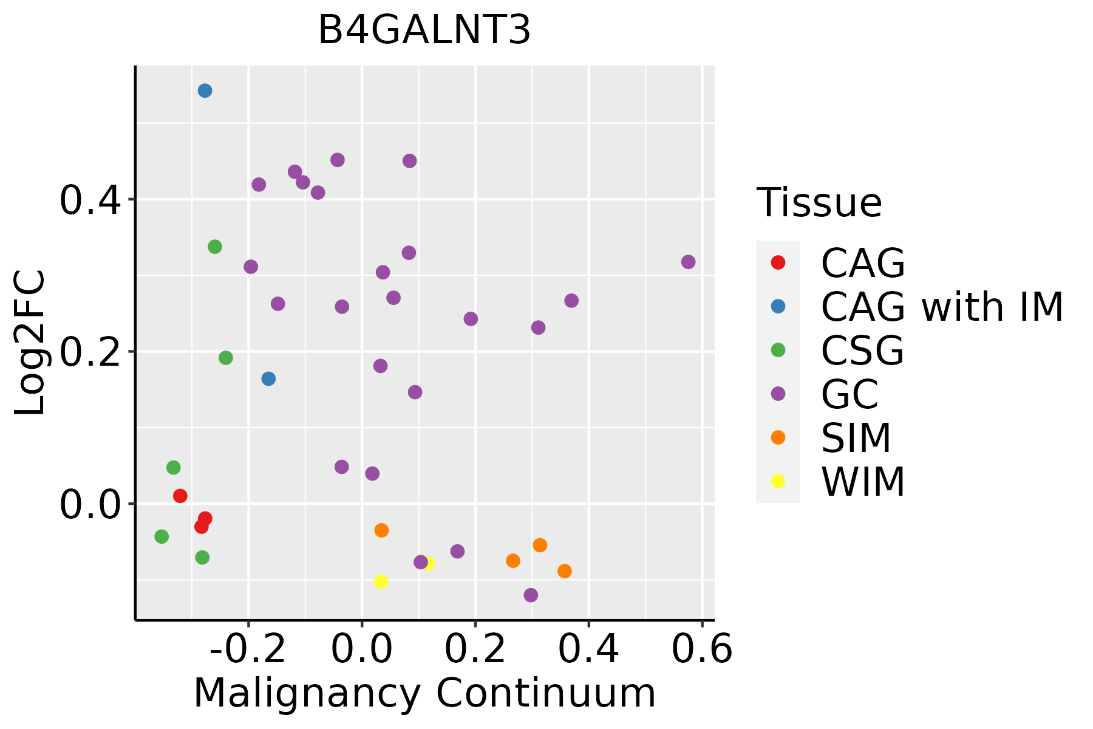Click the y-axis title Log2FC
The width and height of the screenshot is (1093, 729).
[x=30, y=343]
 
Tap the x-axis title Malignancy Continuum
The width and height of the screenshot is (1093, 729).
[x=424, y=693]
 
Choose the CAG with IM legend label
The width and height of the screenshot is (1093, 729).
[x=942, y=307]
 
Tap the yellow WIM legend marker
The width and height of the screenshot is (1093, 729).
[x=778, y=481]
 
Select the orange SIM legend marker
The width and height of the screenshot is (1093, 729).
[x=778, y=437]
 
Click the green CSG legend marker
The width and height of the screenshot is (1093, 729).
[x=778, y=350]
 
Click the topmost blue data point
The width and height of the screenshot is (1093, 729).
[x=205, y=91]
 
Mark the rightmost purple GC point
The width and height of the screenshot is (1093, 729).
[x=688, y=262]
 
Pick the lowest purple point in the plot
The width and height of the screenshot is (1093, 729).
[x=531, y=595]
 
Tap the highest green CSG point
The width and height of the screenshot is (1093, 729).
[x=215, y=247]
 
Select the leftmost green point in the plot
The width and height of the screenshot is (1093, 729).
[x=162, y=536]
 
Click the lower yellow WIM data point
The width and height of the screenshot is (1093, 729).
[x=381, y=581]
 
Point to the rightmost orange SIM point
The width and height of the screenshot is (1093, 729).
[x=565, y=571]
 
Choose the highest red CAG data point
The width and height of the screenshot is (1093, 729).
[x=180, y=496]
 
